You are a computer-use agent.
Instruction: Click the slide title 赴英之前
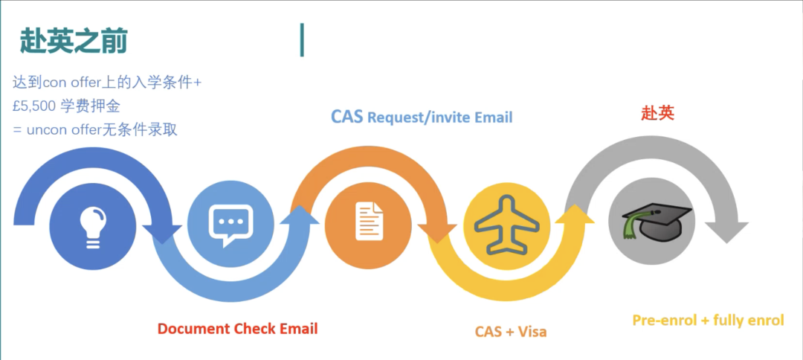(74, 41)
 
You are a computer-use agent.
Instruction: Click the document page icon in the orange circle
(368, 222)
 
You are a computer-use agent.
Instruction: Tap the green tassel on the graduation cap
(631, 225)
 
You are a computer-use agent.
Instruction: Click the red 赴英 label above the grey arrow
(657, 113)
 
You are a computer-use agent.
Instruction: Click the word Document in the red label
(193, 329)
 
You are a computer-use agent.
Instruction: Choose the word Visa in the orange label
(531, 332)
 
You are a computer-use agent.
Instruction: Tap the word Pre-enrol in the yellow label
(664, 321)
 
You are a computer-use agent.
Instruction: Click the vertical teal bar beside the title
(302, 39)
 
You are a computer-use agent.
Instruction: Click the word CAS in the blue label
(346, 117)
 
